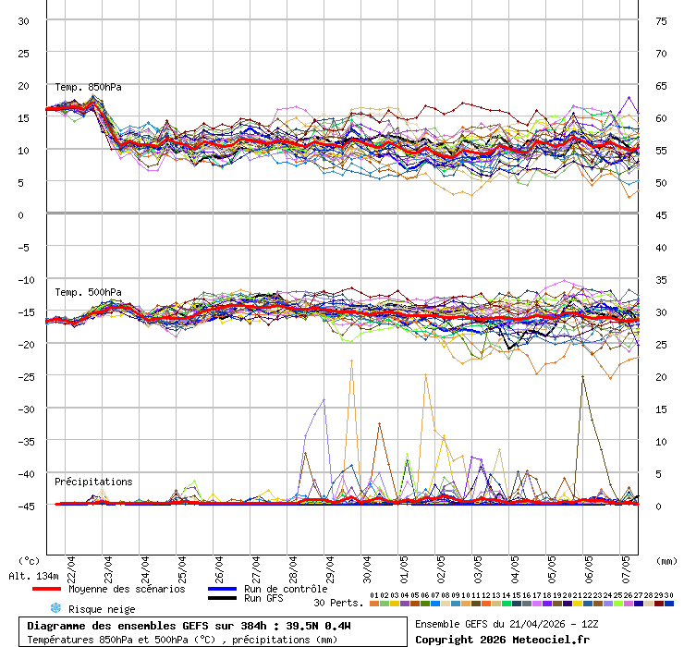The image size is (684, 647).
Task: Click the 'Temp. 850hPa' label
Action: pyautogui.click(x=88, y=88)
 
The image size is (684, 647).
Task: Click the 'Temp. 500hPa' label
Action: pyautogui.click(x=88, y=293)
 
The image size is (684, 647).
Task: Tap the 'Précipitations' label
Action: pyautogui.click(x=93, y=482)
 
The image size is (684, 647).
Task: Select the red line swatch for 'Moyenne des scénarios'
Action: pyautogui.click(x=45, y=589)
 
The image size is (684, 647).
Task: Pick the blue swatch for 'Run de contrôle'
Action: pyautogui.click(x=222, y=589)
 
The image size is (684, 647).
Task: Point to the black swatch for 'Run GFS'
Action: pyautogui.click(x=222, y=599)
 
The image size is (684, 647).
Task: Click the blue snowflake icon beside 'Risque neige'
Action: pyautogui.click(x=55, y=608)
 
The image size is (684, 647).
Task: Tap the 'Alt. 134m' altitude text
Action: pyautogui.click(x=28, y=576)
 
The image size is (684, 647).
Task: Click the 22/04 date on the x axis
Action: pyautogui.click(x=72, y=564)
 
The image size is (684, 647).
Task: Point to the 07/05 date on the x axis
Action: pyautogui.click(x=627, y=564)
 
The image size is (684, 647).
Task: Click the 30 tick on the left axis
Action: pyautogui.click(x=23, y=20)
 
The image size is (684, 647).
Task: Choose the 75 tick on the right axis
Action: pyautogui.click(x=661, y=20)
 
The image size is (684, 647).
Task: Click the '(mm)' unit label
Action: pyautogui.click(x=666, y=560)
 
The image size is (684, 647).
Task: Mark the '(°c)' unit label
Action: pyautogui.click(x=30, y=560)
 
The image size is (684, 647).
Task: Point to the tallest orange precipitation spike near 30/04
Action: pyautogui.click(x=351, y=360)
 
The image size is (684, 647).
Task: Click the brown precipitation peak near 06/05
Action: pyautogui.click(x=582, y=376)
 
